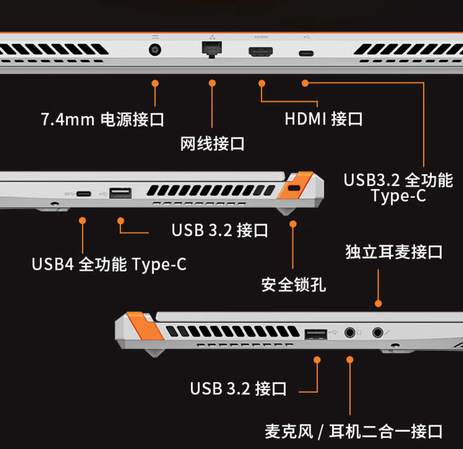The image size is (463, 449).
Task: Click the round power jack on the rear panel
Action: point(155,50)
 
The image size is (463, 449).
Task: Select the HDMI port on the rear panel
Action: point(261,51)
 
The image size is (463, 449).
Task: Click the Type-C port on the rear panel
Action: point(306,54)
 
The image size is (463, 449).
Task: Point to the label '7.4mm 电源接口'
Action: point(102,119)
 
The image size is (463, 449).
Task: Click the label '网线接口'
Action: point(212,144)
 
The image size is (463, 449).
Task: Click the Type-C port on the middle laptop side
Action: point(84,194)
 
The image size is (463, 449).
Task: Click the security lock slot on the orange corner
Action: point(294,188)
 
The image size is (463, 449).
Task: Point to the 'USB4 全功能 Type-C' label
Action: point(109,265)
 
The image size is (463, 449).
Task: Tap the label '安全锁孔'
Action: point(293,285)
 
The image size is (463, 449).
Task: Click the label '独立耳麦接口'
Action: point(394,252)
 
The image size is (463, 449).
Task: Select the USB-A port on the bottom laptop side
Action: point(316,335)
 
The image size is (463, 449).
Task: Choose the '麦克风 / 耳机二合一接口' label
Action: point(353,431)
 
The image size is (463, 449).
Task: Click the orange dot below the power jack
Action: point(155,83)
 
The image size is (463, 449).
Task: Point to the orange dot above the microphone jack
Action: point(378,304)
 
